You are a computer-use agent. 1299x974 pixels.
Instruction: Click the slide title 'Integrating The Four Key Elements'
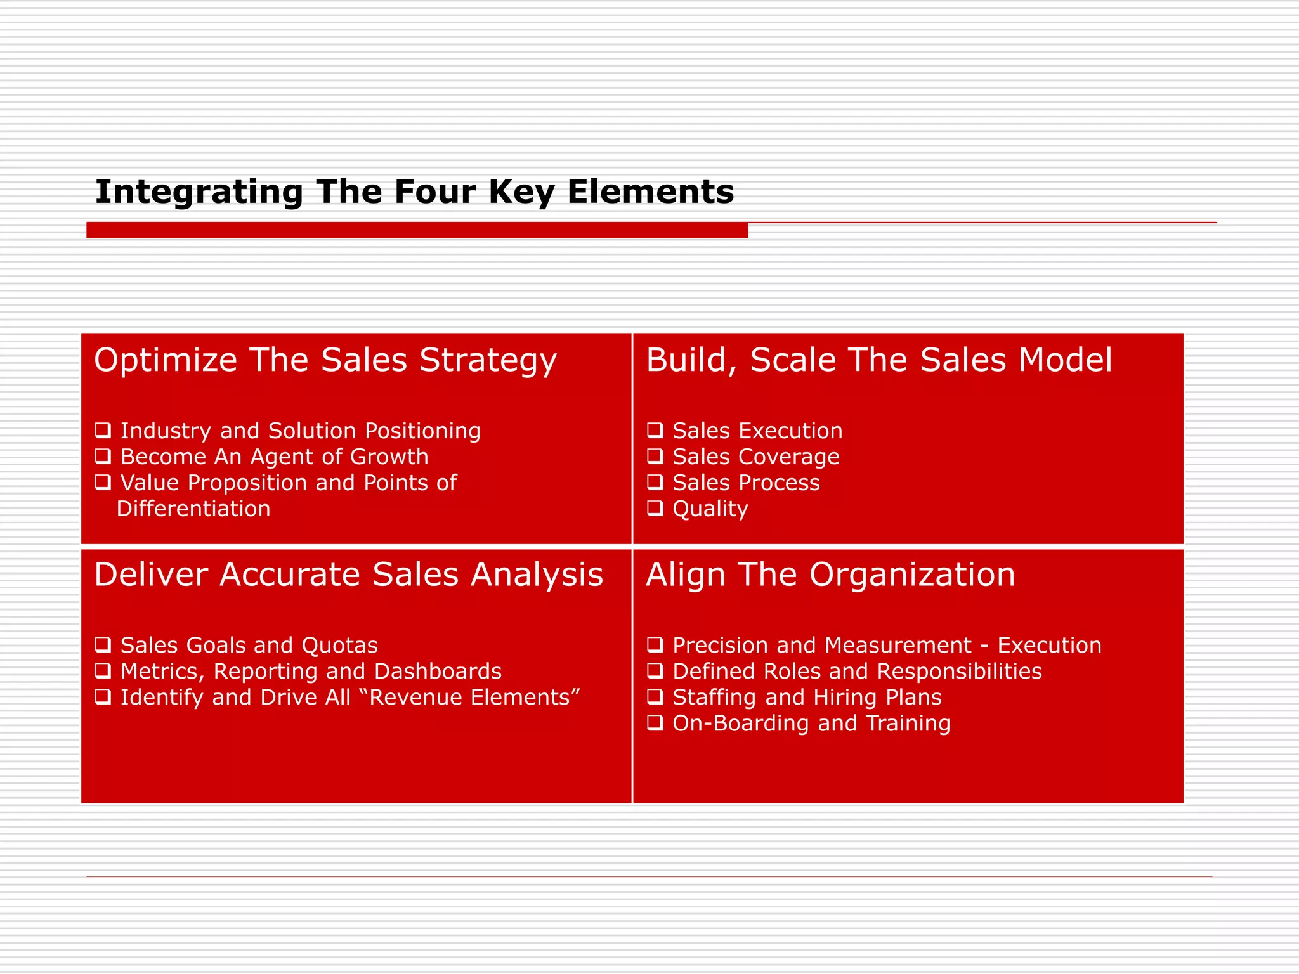(414, 192)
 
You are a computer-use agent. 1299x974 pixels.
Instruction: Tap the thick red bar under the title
(417, 230)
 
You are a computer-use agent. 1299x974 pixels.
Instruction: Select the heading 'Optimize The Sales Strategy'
(325, 360)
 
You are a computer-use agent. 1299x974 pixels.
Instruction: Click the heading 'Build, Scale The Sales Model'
(878, 360)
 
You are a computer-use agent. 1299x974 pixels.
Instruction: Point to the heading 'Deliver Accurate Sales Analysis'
(348, 575)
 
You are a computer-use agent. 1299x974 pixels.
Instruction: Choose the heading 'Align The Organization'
(830, 575)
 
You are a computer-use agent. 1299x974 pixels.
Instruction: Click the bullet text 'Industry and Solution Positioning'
(300, 431)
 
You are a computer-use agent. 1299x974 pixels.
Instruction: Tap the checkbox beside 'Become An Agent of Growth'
(103, 456)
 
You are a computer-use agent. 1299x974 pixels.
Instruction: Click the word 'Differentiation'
(193, 509)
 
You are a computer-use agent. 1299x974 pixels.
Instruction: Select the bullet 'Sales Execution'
(757, 431)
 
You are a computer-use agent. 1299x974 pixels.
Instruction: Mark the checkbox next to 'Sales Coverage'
(655, 456)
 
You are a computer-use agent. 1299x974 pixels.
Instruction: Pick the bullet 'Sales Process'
(746, 483)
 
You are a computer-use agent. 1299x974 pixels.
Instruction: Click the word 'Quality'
(710, 509)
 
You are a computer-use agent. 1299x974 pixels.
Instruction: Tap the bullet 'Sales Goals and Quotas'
(249, 646)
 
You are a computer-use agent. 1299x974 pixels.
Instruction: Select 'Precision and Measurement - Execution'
(886, 646)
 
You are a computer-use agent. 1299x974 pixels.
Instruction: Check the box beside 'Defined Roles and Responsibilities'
(655, 670)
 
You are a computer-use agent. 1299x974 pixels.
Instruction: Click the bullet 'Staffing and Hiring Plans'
(806, 698)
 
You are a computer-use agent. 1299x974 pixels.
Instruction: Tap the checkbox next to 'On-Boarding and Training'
(655, 722)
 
